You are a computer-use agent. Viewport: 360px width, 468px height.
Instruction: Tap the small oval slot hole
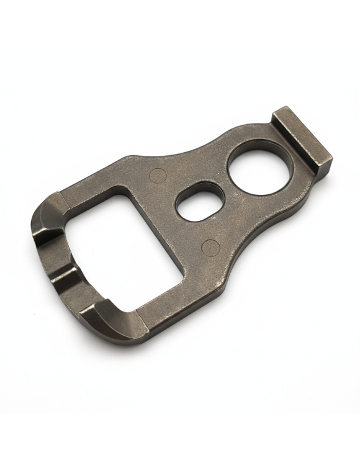pos(200,202)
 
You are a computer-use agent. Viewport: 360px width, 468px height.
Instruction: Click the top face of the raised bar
pos(302,137)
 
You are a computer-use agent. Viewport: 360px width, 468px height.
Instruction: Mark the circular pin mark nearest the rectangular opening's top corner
pos(158,176)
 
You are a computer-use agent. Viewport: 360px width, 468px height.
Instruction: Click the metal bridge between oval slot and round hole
pos(228,186)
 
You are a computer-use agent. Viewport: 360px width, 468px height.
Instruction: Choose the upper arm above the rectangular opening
pos(106,180)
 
